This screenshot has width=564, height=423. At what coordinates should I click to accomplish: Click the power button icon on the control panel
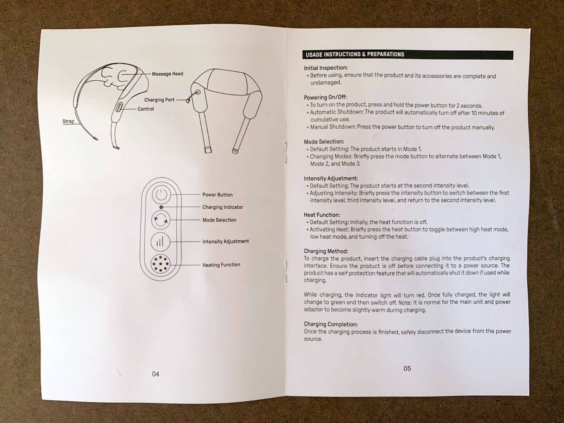(161, 195)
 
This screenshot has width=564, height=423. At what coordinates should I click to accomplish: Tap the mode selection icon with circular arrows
(161, 220)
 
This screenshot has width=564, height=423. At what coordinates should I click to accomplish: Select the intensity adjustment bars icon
(160, 242)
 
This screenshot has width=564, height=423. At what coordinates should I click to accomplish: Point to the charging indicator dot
(161, 207)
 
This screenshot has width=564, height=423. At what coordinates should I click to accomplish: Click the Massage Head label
(167, 74)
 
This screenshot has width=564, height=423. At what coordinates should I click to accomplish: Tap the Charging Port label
(159, 100)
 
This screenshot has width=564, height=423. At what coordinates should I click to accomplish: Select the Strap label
(68, 121)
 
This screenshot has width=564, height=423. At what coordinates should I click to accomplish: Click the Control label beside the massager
(146, 109)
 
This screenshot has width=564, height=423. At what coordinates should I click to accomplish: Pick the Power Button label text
(217, 195)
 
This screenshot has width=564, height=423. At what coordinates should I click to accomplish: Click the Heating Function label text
(221, 265)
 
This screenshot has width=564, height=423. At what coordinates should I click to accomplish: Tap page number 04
(155, 374)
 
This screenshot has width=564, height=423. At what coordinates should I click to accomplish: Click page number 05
(407, 369)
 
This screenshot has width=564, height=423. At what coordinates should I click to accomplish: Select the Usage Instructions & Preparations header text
(355, 54)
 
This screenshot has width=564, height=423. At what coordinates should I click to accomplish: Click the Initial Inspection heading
(326, 68)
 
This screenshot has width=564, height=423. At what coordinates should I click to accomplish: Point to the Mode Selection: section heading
(324, 141)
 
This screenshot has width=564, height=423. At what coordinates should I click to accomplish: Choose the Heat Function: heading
(322, 215)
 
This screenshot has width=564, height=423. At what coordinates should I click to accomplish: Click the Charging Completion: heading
(331, 324)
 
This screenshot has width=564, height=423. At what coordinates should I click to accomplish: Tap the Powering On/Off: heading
(325, 97)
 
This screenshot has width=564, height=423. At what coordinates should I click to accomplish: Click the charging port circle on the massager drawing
(198, 92)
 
